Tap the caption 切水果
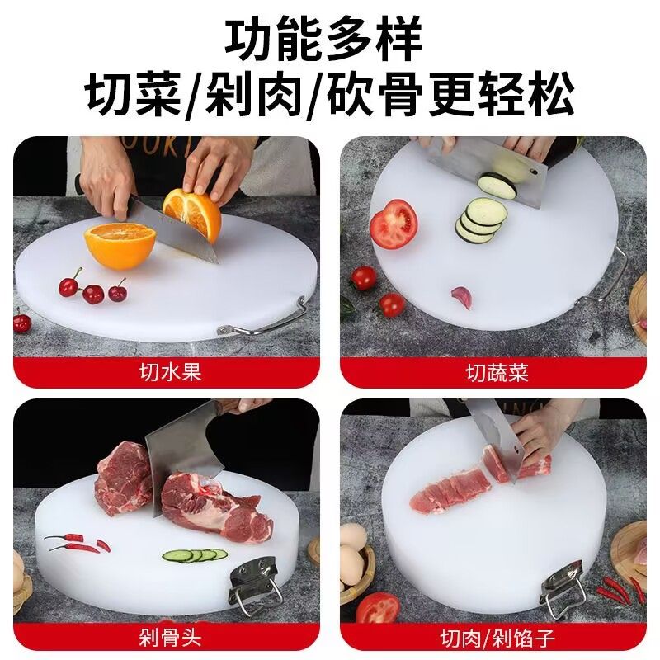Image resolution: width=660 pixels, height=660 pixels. coord(170,372)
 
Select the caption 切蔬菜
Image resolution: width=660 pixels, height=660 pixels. coord(497,372)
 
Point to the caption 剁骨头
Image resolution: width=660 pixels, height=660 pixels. coord(170,638)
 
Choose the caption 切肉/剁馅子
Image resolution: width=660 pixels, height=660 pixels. coord(497,638)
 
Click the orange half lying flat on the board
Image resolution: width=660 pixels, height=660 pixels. coord(120,245)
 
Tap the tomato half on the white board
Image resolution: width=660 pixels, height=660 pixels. coord(394,224)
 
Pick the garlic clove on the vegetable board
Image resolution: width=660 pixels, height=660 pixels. coord(462,297)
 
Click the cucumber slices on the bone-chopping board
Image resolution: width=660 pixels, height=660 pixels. coord(195,555)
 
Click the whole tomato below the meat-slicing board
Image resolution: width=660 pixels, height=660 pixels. coord(378,607)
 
